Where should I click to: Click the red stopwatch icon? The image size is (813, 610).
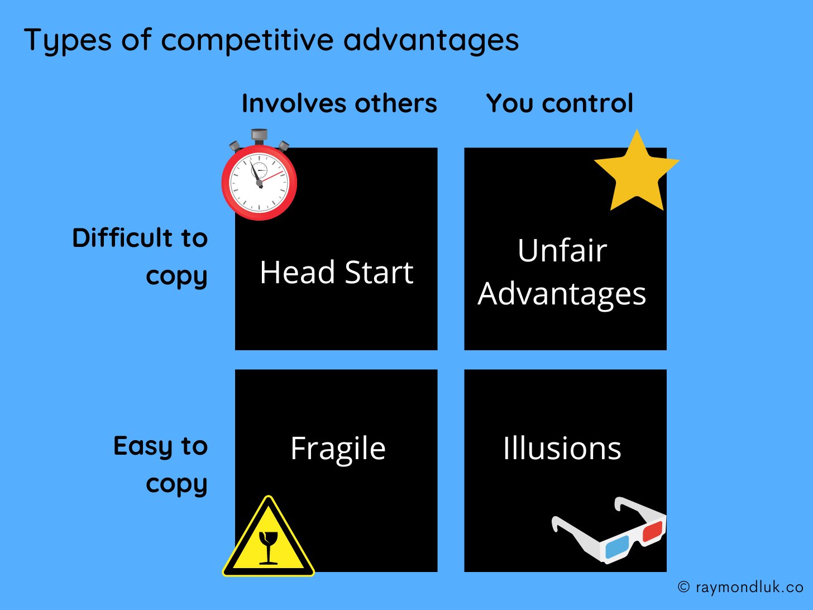coord(259,182)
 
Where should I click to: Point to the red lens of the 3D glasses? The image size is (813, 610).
coord(652,531)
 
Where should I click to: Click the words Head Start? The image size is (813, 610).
coord(336,273)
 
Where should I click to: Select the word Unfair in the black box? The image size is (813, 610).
coord(562,250)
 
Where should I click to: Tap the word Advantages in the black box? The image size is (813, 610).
coord(562,294)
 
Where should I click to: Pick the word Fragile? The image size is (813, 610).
coord(338,449)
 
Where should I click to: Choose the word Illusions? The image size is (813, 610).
coord(562,448)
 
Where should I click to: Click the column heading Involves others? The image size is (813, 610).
coord(339,103)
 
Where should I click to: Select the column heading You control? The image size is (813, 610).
coord(559,103)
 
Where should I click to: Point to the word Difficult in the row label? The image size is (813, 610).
coord(122,238)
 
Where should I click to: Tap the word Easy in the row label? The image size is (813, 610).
coord(143,446)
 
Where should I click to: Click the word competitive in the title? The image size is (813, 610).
coord(248,40)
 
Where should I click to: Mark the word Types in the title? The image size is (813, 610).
coord(68,40)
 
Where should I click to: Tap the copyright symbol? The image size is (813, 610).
coord(683,587)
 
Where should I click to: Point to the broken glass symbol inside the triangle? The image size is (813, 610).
coord(269,546)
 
